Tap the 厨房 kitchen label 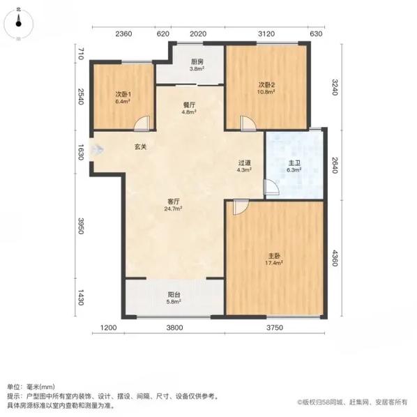click(x=197, y=61)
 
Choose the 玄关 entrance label click(x=140, y=147)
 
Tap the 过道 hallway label click(x=243, y=162)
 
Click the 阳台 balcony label click(x=174, y=295)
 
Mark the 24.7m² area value click(x=172, y=208)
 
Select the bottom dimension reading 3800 click(x=174, y=328)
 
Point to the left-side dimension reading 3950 click(x=81, y=227)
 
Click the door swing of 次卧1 click(x=142, y=123)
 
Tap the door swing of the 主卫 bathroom click(x=269, y=186)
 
